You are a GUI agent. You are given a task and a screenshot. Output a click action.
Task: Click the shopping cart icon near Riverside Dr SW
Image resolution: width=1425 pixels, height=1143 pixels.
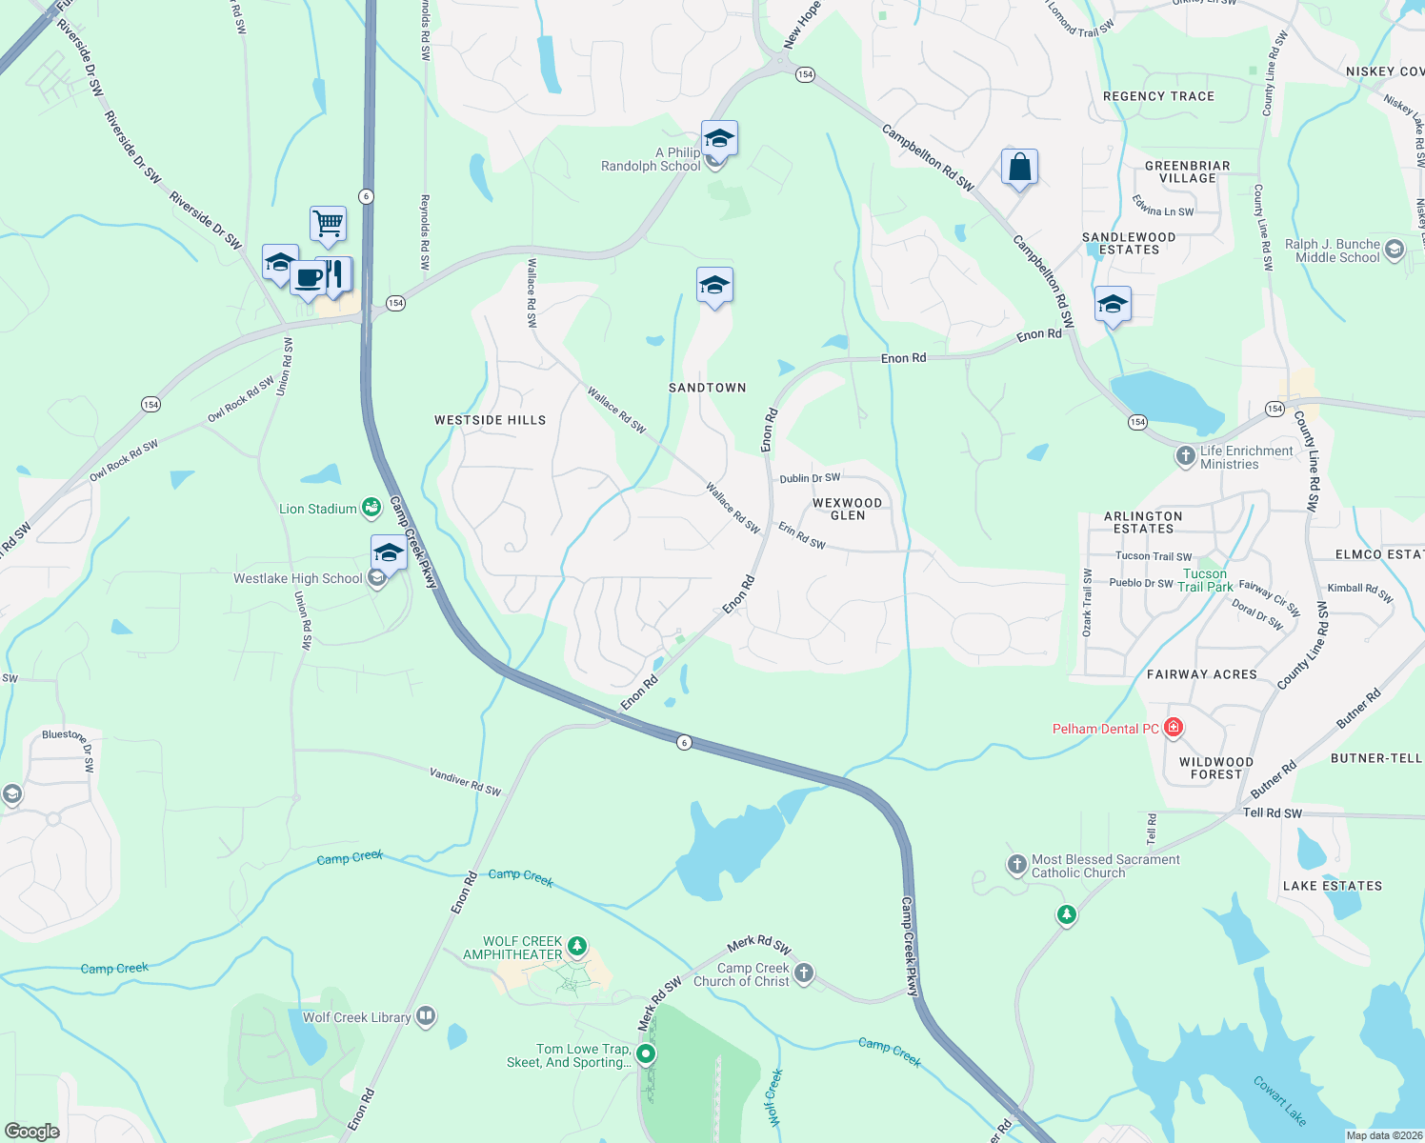pyautogui.click(x=328, y=224)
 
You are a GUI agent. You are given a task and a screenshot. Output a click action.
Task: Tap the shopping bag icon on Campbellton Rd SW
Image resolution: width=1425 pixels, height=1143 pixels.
pyautogui.click(x=1019, y=168)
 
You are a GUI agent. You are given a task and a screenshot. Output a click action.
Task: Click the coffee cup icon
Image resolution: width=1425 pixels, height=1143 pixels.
pyautogui.click(x=308, y=277)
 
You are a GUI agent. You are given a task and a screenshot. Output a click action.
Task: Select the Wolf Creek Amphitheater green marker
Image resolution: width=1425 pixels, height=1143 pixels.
pyautogui.click(x=576, y=947)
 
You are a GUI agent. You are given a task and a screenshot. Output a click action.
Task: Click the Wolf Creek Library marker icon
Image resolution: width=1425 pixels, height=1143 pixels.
pyautogui.click(x=426, y=1016)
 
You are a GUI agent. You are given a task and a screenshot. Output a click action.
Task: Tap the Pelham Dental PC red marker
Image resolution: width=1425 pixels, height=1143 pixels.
pyautogui.click(x=1174, y=729)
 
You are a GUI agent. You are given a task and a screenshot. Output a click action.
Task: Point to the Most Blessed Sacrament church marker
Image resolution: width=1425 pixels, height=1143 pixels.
pyautogui.click(x=1016, y=865)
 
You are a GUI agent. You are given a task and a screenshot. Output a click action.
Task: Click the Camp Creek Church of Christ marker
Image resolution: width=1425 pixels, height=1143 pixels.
pyautogui.click(x=804, y=973)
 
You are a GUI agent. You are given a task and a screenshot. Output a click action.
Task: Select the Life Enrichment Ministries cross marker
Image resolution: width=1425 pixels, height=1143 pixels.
pyautogui.click(x=1186, y=456)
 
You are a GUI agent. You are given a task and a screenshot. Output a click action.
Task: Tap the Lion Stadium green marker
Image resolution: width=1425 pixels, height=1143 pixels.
pyautogui.click(x=371, y=509)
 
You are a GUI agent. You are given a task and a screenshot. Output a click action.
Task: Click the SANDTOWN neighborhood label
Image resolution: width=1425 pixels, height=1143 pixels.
pyautogui.click(x=707, y=388)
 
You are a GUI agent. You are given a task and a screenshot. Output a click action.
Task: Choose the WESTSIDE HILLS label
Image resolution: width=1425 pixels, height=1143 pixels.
pyautogui.click(x=490, y=420)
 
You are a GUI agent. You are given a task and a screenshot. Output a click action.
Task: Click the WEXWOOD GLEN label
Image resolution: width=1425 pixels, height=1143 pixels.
pyautogui.click(x=847, y=509)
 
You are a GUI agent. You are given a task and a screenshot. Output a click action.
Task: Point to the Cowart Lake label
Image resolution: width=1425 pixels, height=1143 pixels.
pyautogui.click(x=1279, y=1100)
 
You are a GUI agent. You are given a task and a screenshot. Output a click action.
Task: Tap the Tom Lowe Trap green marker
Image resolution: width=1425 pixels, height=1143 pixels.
pyautogui.click(x=646, y=1053)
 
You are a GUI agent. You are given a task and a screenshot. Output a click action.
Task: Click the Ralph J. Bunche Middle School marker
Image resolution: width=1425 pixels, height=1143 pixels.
pyautogui.click(x=1395, y=250)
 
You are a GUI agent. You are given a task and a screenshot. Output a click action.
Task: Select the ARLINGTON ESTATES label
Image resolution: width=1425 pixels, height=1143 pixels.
pyautogui.click(x=1143, y=522)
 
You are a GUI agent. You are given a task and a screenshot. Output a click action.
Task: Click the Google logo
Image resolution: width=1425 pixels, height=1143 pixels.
pyautogui.click(x=32, y=1132)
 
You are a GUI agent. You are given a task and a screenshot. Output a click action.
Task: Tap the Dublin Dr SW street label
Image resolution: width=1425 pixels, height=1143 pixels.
pyautogui.click(x=810, y=478)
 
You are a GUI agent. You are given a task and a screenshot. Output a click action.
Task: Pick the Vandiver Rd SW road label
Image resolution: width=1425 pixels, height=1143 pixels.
pyautogui.click(x=465, y=782)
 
